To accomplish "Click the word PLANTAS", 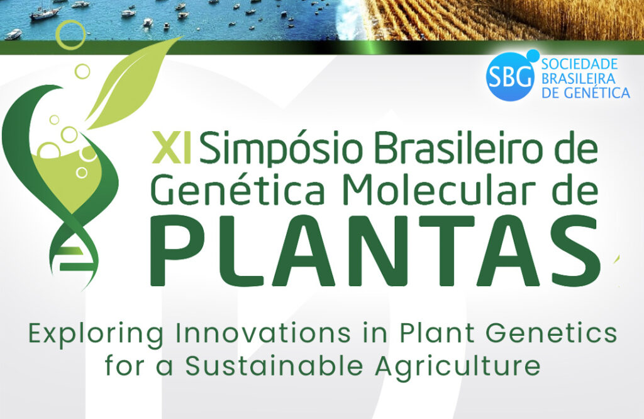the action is click(x=375, y=250).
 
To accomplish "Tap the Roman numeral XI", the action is click(x=171, y=147).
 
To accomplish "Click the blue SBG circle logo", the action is click(x=510, y=77).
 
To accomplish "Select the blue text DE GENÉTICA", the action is click(x=586, y=93).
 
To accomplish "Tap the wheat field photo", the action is click(x=505, y=20).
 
